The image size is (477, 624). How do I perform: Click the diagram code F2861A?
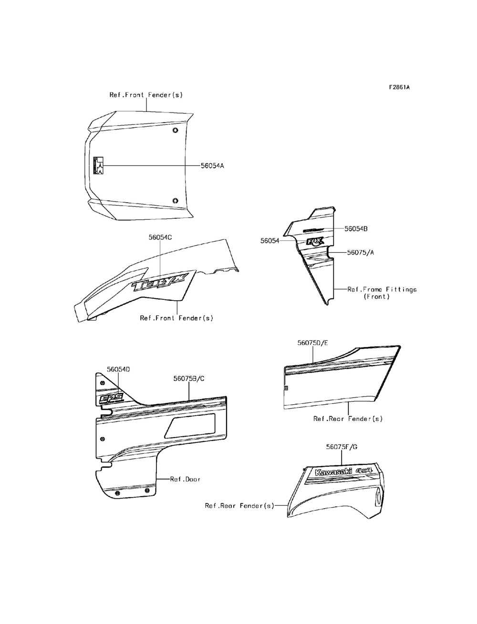click(x=399, y=87)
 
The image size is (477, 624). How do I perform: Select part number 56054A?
click(x=212, y=166)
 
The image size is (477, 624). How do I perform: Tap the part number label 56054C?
click(x=160, y=237)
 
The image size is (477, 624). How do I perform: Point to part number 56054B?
click(x=356, y=229)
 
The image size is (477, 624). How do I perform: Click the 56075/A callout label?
click(x=360, y=253)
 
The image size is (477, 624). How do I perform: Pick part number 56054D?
click(x=119, y=369)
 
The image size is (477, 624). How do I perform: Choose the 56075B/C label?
click(x=189, y=378)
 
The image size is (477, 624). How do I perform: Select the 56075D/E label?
click(x=313, y=343)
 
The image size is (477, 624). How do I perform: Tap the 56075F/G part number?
click(x=342, y=447)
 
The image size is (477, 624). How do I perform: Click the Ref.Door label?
click(x=185, y=479)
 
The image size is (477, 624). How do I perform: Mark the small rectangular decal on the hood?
click(x=98, y=165)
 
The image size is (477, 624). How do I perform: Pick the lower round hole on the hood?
click(x=175, y=201)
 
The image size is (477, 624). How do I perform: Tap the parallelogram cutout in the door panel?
click(x=190, y=426)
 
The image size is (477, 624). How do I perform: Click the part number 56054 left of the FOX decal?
click(x=270, y=241)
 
